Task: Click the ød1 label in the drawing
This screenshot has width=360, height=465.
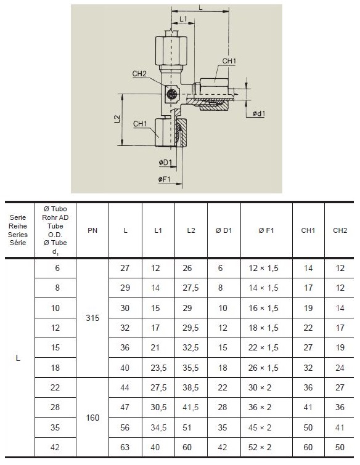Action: [x=259, y=113]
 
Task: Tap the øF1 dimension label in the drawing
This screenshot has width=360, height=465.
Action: [x=165, y=179]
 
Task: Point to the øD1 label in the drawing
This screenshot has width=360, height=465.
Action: [x=165, y=162]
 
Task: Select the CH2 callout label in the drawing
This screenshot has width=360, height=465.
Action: [x=139, y=73]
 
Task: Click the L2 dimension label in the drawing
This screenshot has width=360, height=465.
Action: [x=118, y=119]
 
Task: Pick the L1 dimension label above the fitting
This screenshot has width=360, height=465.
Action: [x=184, y=19]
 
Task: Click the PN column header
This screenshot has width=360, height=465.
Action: [x=92, y=230]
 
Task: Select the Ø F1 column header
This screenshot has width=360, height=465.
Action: [x=266, y=230]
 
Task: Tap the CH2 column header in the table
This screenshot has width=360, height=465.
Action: [x=340, y=230]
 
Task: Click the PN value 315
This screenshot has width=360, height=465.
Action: [x=92, y=318]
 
